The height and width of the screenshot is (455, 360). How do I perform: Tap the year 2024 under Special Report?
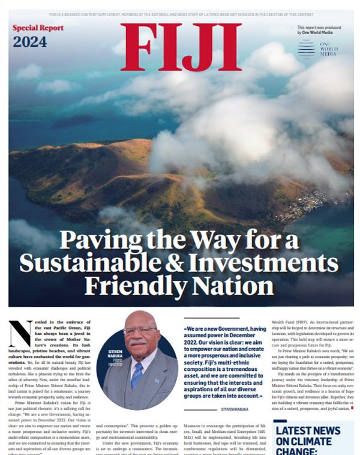click(x=30, y=42)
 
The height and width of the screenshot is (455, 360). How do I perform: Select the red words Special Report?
click(x=38, y=28)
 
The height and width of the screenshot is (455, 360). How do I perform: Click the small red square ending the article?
click(x=352, y=408)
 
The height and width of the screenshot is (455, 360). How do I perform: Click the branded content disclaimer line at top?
click(x=180, y=13)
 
